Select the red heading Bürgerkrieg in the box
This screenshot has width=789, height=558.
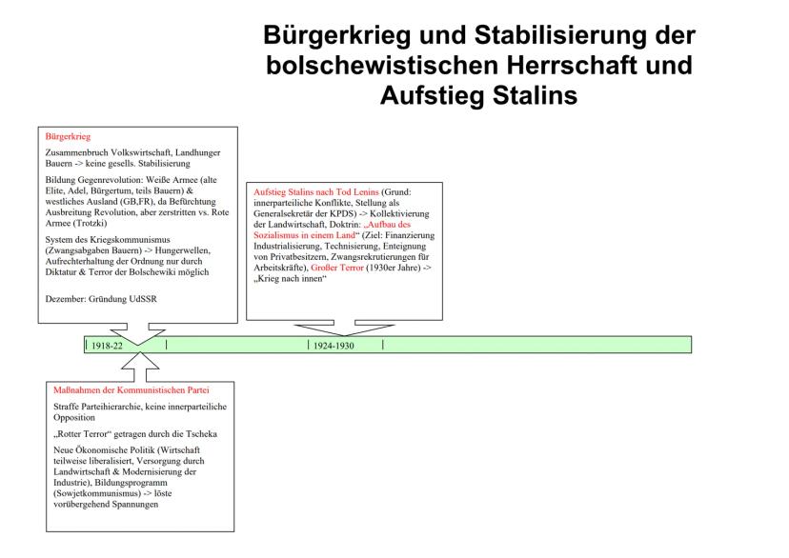68,136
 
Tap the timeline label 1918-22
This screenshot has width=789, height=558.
107,346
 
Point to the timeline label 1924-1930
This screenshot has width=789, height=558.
334,346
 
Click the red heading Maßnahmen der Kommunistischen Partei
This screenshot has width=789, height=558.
131,390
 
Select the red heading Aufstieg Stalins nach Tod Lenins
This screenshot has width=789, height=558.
316,192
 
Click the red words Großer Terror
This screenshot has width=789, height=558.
337,268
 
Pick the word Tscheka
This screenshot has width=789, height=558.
202,434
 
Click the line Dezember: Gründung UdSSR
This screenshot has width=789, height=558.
101,299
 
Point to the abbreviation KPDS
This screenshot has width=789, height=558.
343,213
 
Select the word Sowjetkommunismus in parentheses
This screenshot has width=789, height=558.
97,493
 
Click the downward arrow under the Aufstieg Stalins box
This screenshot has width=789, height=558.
345,328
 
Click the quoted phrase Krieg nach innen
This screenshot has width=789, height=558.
291,279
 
